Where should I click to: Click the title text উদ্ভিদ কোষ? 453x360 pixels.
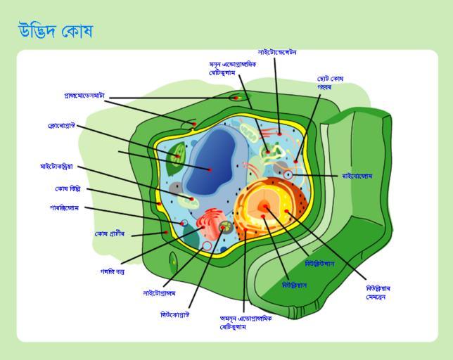[x=56, y=32]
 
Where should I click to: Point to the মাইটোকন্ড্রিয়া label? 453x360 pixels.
[x=61, y=167]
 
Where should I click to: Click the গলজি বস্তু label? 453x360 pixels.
[x=113, y=270]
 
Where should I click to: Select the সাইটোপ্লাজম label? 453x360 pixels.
[x=160, y=293]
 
